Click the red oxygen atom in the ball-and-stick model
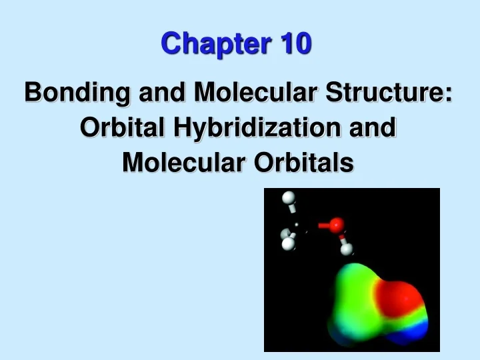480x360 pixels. coord(337,225)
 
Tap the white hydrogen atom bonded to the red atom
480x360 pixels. coord(347,249)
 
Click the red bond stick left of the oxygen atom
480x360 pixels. coord(323,226)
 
